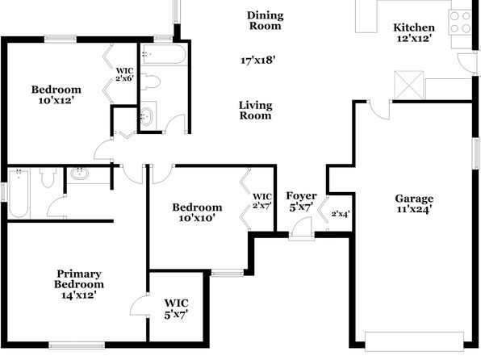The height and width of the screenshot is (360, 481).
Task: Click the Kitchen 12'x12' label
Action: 414,33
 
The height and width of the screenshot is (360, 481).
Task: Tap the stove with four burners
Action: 460,22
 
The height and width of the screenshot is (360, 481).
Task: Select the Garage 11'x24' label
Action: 415,203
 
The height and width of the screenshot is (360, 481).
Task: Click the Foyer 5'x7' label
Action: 301,201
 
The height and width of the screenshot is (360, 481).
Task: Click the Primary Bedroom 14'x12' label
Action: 79,284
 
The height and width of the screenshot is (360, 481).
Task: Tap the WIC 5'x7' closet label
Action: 176,309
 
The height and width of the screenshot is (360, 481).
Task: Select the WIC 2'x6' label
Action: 124,74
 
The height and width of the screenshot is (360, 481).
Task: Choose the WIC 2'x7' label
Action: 262,201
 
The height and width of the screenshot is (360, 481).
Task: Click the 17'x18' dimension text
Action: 257,61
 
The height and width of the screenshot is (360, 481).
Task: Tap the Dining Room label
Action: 266,20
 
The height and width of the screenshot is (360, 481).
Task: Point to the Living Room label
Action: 256,111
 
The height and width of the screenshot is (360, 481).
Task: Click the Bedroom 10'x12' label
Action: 56,94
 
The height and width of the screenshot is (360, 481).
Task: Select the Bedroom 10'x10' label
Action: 197,212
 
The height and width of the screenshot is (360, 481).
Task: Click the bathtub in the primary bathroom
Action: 19,194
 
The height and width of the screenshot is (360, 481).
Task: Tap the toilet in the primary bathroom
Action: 48,178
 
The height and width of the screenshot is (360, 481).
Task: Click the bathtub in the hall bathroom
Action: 164,54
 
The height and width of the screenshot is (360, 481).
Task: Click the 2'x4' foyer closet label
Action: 341,214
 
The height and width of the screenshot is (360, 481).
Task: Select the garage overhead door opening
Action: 415,341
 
